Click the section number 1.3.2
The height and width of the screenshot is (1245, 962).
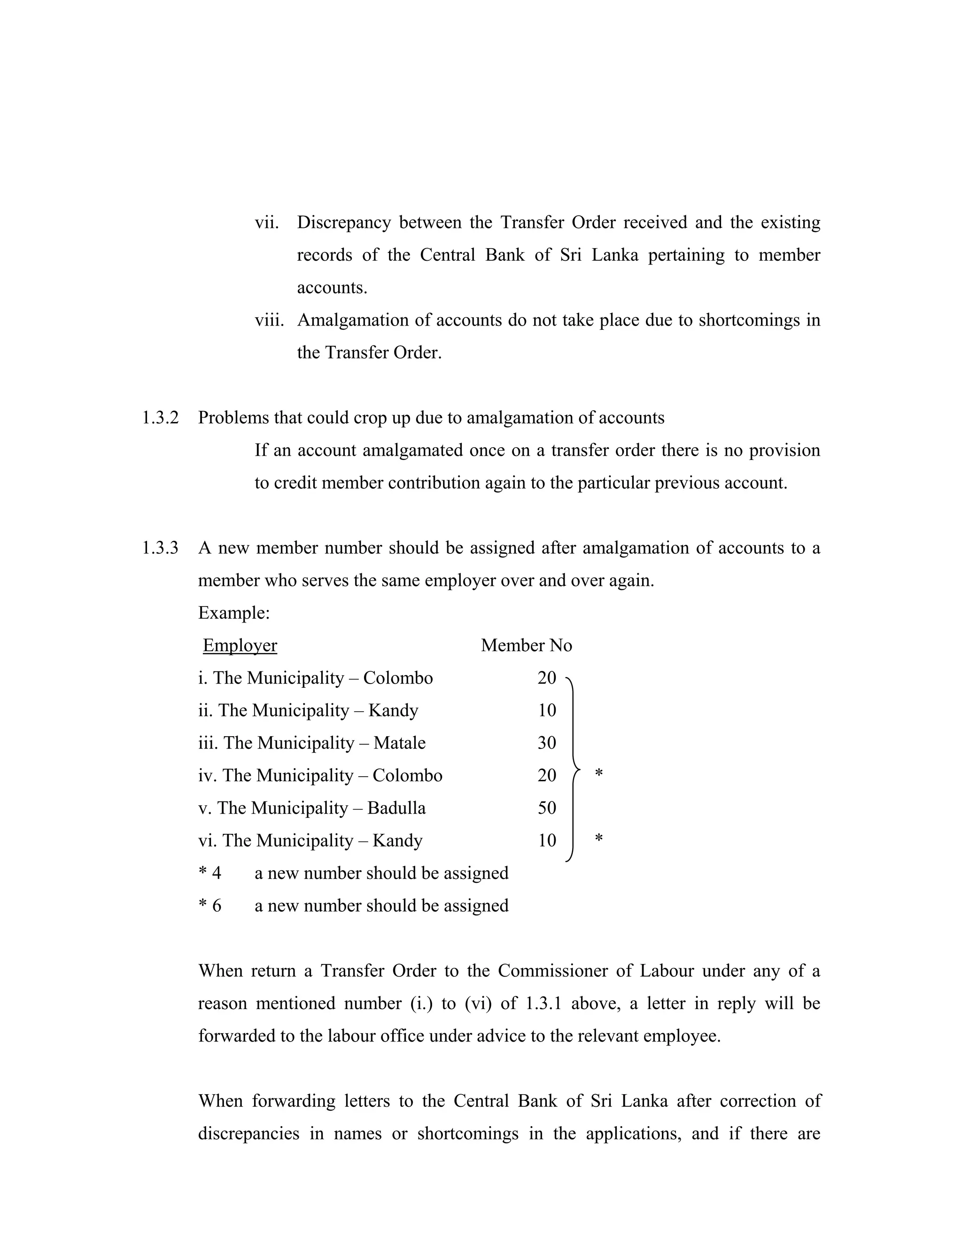point(160,418)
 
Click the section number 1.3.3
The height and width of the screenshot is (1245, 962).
point(160,548)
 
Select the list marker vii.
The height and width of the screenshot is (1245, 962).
point(267,222)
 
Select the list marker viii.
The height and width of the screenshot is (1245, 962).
point(269,320)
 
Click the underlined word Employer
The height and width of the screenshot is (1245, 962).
point(240,646)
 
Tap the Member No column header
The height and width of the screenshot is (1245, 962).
point(526,646)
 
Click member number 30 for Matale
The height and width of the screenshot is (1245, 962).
point(547,743)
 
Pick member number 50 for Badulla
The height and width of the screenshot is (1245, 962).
point(547,808)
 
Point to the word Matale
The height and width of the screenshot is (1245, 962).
point(400,743)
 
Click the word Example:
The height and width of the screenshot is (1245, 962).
point(233,613)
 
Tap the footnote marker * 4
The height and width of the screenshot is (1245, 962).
point(209,873)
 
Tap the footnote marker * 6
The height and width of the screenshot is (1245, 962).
point(209,906)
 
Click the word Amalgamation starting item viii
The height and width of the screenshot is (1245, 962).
point(353,320)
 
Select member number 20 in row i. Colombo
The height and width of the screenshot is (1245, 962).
point(547,678)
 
